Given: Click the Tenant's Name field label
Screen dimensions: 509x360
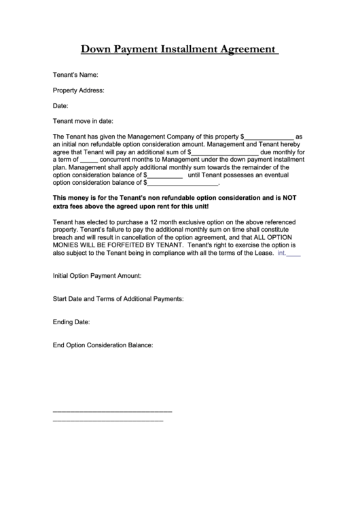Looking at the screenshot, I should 75,74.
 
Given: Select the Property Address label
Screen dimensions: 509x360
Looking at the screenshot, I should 78,90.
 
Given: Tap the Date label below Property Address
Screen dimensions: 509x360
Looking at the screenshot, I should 60,105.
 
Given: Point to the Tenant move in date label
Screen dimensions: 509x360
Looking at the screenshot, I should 82,121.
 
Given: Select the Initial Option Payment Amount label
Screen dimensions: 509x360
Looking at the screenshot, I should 96,276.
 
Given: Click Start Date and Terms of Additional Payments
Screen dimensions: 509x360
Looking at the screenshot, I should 118,298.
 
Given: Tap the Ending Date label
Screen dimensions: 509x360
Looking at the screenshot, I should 71,321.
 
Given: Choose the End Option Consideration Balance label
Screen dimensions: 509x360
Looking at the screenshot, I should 103,345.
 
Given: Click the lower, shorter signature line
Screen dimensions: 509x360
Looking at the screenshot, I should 107,421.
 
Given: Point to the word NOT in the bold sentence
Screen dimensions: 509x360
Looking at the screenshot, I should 290,198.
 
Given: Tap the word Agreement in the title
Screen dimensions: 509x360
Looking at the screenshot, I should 245,49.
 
